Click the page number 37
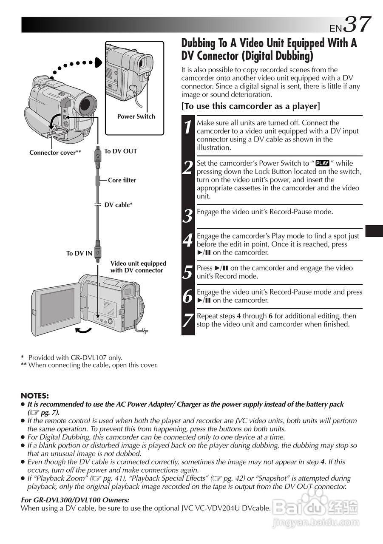tap(357, 24)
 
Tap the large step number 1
tap(188, 127)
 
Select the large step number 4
tap(188, 241)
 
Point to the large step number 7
tap(188, 320)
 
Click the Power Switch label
tap(136, 116)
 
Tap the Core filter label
tap(122, 180)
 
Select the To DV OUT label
tap(121, 151)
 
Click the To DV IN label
tap(79, 253)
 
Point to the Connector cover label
tap(55, 153)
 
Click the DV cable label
tap(119, 205)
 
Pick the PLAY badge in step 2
tap(323, 163)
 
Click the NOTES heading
tap(35, 396)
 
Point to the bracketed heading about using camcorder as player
tap(251, 106)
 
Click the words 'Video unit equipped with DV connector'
tap(138, 267)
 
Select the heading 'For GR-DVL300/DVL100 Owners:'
tap(75, 500)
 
